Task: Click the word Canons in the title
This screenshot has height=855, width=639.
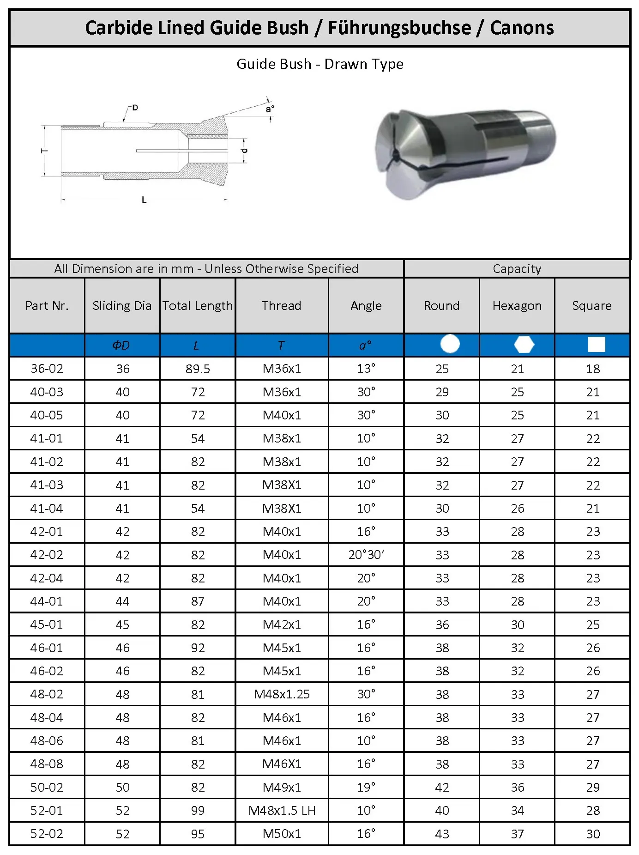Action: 521,28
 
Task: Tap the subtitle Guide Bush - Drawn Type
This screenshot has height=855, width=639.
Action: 319,64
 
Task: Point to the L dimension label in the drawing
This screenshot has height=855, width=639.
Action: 144,200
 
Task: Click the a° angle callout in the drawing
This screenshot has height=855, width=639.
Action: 270,109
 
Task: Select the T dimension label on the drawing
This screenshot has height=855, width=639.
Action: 45,151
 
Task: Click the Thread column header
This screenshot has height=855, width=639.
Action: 281,306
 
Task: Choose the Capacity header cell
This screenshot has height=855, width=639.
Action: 517,269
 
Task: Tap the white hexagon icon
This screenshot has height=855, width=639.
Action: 524,345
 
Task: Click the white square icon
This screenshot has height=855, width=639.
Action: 596,345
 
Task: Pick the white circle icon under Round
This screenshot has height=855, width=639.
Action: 450,344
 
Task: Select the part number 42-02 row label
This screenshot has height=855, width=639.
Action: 47,555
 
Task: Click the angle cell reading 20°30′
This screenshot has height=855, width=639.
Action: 366,555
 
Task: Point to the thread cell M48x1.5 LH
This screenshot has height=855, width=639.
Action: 282,811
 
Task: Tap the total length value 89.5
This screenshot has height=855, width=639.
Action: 198,369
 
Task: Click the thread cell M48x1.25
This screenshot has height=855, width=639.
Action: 282,694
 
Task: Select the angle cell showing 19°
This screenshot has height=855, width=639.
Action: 366,788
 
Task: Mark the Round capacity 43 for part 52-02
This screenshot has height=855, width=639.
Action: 442,834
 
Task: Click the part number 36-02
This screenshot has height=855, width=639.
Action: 47,369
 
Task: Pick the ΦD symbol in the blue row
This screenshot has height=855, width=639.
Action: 121,346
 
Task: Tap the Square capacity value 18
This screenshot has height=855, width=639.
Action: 593,369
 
